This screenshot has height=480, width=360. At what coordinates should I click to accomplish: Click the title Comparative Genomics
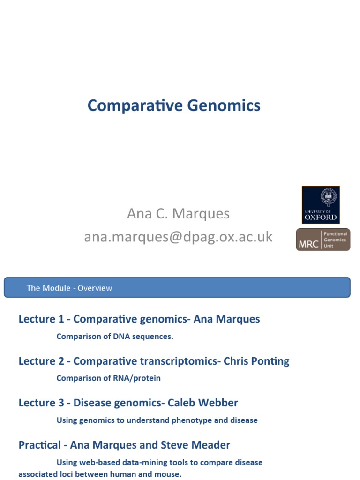coord(173,105)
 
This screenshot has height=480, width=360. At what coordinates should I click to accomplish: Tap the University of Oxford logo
coord(321,205)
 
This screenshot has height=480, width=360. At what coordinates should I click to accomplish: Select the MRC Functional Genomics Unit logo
coord(322,240)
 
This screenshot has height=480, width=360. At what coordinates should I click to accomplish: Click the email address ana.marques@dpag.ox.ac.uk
coord(178,237)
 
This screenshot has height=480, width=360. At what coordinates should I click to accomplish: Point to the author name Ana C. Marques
coord(178,214)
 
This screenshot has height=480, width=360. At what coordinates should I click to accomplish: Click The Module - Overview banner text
coord(69,288)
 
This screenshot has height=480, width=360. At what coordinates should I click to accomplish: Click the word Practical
coord(39,445)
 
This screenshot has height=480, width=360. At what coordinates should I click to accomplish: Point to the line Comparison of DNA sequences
coord(115,337)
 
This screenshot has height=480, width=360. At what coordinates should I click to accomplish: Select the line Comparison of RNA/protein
coord(108,378)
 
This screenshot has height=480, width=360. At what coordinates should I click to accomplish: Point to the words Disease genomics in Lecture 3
coord(114,403)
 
